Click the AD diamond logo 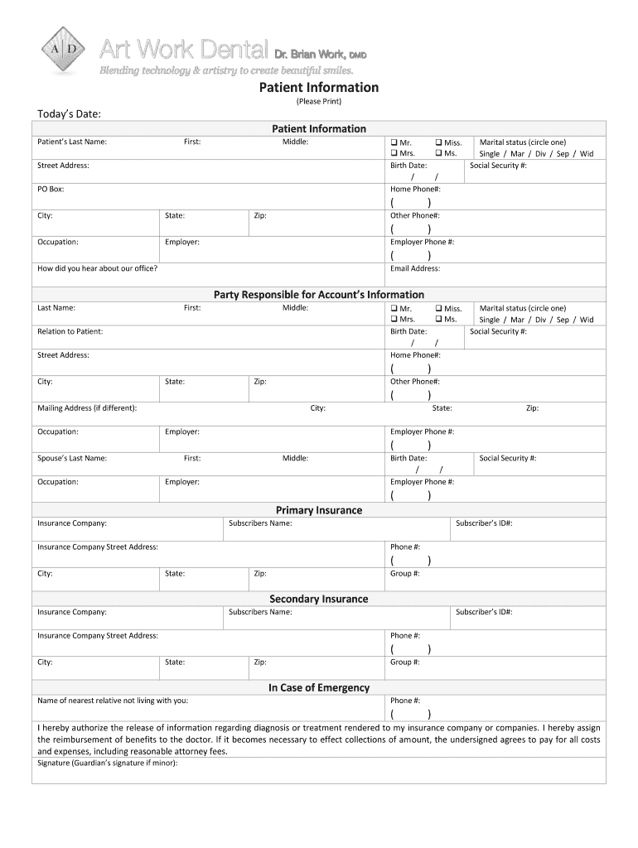coord(64,49)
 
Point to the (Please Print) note coord(319,102)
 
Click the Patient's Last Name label coord(72,142)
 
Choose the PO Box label coord(51,189)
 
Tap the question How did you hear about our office coord(98,268)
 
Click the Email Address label coord(415,268)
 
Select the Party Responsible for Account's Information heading coord(319,294)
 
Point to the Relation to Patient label coord(70,331)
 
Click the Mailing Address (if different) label coord(88,408)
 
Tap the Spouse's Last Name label coord(72,458)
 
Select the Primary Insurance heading coord(319,510)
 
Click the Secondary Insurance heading coord(319,599)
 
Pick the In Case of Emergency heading coord(319,687)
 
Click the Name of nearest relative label coord(113,701)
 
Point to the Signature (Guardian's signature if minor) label coord(108,763)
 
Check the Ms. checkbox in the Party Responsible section coord(438,319)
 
